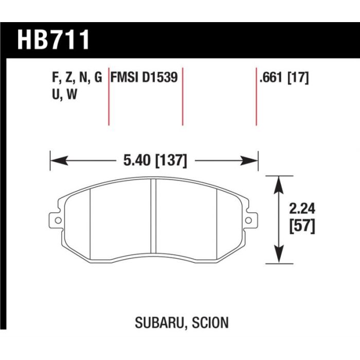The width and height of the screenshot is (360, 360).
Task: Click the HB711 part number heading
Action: click(53, 40)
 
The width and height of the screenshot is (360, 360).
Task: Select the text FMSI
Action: click(124, 77)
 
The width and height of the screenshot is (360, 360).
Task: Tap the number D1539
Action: click(160, 77)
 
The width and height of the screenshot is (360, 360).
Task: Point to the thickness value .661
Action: click(271, 77)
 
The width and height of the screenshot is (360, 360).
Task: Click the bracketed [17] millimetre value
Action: click(298, 78)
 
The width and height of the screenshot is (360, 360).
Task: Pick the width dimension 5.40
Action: click(137, 160)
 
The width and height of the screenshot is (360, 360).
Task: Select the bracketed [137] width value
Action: click(171, 160)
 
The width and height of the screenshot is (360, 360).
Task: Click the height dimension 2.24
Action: click(302, 209)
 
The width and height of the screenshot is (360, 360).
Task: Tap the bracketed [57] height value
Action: click(302, 227)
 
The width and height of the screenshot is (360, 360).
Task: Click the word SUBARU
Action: click(159, 322)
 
